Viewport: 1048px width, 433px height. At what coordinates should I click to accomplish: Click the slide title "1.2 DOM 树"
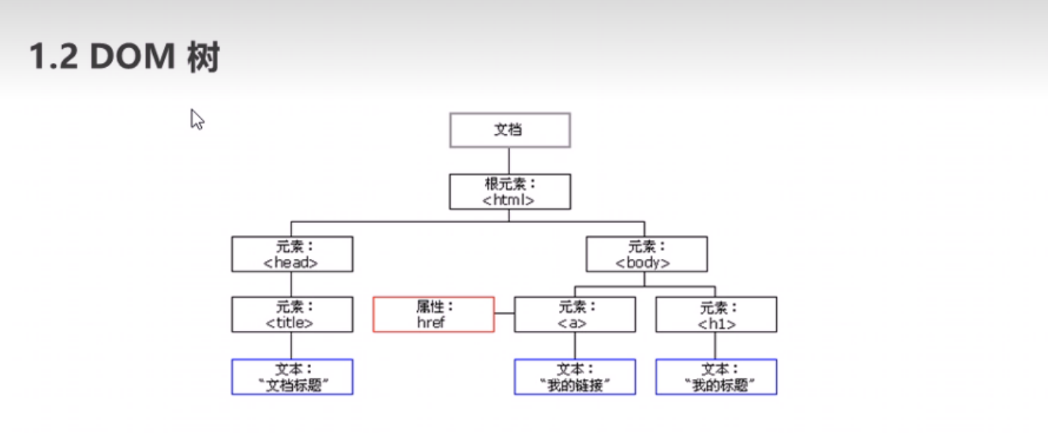coord(124,57)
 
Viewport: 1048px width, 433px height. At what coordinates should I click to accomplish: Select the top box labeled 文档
coord(510,130)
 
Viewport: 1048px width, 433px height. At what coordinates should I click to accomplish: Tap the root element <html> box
coord(510,192)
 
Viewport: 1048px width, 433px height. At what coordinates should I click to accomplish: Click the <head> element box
coord(292,254)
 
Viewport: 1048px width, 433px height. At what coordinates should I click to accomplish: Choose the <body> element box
coord(646,254)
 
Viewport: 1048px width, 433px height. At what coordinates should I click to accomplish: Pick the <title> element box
coord(292,314)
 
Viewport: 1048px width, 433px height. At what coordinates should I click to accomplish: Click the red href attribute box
coord(433,314)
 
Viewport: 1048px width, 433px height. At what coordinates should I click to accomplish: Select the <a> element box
coord(575,314)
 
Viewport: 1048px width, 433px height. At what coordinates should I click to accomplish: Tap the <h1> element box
coord(716,314)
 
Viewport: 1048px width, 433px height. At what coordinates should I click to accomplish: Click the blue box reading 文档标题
coord(292,376)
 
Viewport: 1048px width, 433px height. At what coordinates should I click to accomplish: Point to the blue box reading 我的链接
coord(575,376)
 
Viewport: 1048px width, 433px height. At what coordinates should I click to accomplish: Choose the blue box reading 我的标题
coord(716,376)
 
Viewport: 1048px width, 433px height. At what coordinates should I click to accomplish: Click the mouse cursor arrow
coord(196,119)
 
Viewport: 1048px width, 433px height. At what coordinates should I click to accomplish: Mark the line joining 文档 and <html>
coord(509,160)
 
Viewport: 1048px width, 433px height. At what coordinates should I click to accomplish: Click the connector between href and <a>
coord(504,314)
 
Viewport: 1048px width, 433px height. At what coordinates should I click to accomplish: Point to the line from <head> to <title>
coord(291,284)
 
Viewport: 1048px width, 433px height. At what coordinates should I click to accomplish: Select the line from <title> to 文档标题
coord(291,346)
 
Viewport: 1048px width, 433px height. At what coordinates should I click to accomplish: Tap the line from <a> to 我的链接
coord(575,346)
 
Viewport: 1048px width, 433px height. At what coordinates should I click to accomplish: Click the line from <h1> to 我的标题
coord(715,346)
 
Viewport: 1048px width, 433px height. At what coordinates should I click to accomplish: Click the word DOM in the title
coord(130,57)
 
